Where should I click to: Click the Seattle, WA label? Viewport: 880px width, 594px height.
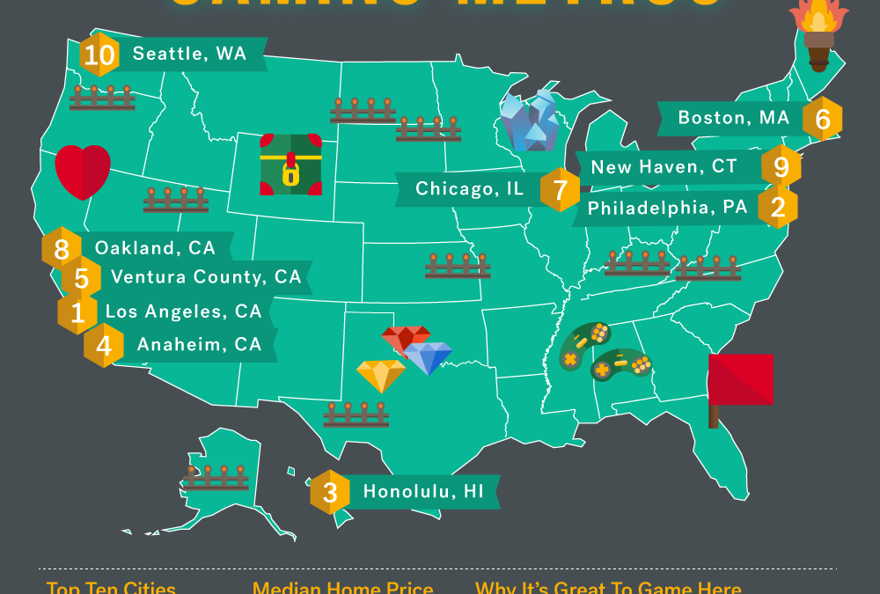pyautogui.click(x=189, y=55)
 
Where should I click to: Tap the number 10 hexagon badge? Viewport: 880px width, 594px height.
pyautogui.click(x=99, y=55)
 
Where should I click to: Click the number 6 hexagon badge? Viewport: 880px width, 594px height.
pyautogui.click(x=823, y=119)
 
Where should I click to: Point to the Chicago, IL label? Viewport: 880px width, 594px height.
pyautogui.click(x=469, y=188)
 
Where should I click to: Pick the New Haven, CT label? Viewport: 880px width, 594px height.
pyautogui.click(x=664, y=166)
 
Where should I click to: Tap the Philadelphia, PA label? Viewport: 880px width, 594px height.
pyautogui.click(x=667, y=209)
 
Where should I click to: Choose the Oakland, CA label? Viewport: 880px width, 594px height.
pyautogui.click(x=155, y=248)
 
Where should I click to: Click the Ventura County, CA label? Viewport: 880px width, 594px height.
pyautogui.click(x=206, y=277)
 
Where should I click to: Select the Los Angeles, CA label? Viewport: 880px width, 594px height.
pyautogui.click(x=183, y=312)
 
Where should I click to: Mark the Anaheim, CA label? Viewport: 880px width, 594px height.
pyautogui.click(x=199, y=345)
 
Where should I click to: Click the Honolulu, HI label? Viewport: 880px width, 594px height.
pyautogui.click(x=423, y=492)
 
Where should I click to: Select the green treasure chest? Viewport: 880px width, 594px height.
pyautogui.click(x=290, y=165)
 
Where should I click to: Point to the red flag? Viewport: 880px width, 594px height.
pyautogui.click(x=741, y=380)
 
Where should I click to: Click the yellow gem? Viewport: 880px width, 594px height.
pyautogui.click(x=381, y=375)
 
